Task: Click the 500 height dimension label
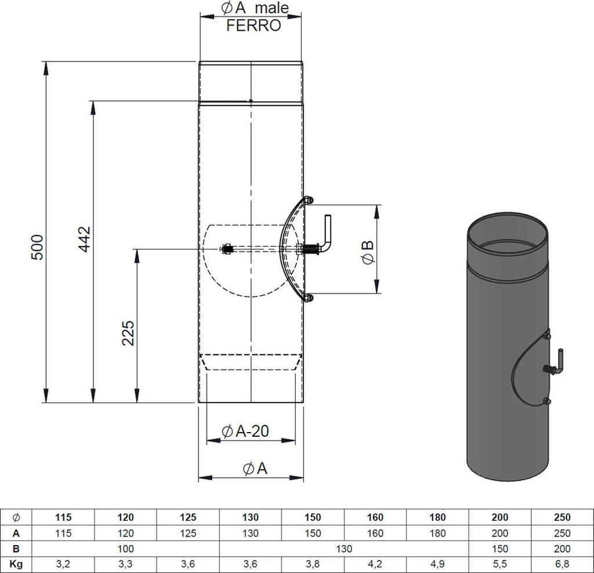click(x=37, y=247)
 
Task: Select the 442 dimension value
click(x=85, y=239)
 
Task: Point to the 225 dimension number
click(x=128, y=333)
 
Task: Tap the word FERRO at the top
click(x=253, y=26)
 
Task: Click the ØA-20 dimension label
click(x=245, y=431)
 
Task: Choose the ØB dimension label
click(x=368, y=253)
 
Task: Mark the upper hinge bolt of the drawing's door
click(x=309, y=200)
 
